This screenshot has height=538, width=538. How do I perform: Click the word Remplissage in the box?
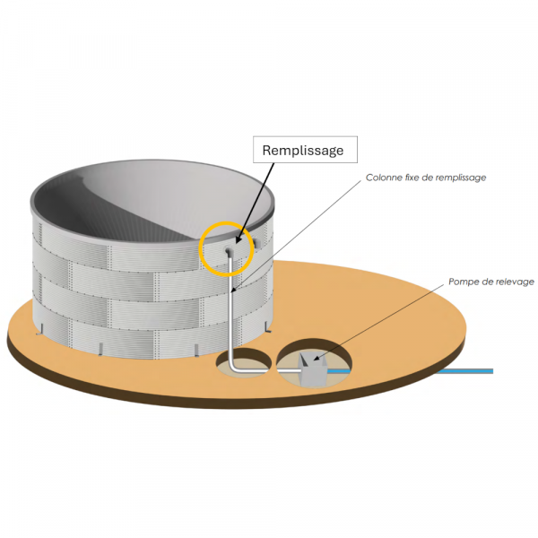click(x=303, y=151)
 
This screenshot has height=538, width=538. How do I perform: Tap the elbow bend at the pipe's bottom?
click(x=233, y=367)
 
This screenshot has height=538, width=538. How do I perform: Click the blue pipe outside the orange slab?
click(x=466, y=371)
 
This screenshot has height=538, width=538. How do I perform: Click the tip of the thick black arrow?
click(x=237, y=244)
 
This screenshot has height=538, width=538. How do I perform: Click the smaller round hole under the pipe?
click(x=244, y=362)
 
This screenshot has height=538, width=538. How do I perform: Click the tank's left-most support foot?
click(x=39, y=328)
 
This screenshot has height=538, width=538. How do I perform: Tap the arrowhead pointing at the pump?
click(x=317, y=358)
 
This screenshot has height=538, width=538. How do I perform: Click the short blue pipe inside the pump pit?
click(x=339, y=371)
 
